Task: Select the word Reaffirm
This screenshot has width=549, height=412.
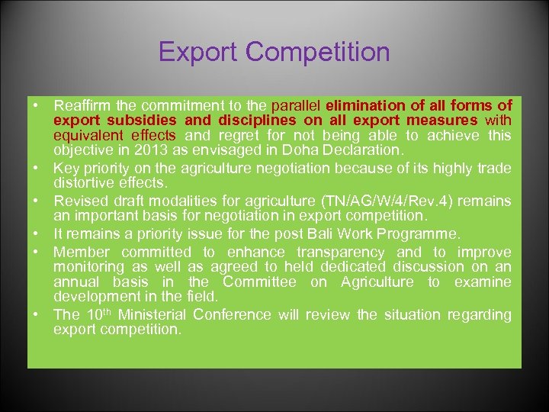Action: [x=83, y=105]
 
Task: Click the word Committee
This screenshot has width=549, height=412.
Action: [x=258, y=282]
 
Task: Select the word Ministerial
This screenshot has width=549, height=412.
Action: [x=155, y=314]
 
